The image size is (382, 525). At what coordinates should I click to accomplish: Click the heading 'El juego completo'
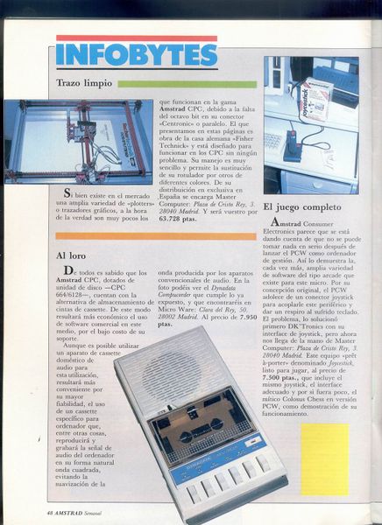point(301,208)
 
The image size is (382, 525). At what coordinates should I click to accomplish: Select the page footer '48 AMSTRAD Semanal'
point(75,511)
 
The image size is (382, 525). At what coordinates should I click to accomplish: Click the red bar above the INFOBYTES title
point(135,38)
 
